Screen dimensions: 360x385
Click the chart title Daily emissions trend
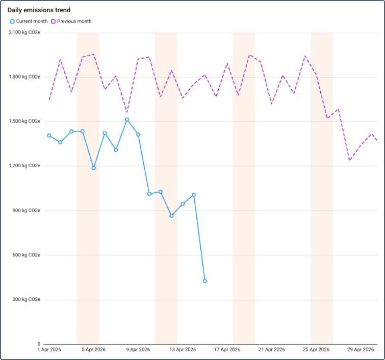(x=39, y=10)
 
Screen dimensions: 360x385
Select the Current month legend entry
(x=29, y=21)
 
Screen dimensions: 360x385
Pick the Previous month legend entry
(x=71, y=21)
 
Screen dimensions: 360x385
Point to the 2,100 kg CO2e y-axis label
(x=24, y=33)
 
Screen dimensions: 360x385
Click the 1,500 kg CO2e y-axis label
(x=24, y=121)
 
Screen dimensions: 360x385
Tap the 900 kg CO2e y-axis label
(x=26, y=211)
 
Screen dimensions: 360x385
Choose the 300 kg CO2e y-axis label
(x=26, y=299)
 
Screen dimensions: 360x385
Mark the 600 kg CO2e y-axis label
(x=26, y=255)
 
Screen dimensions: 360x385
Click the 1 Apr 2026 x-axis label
(x=49, y=350)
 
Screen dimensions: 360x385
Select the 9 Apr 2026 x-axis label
(x=138, y=350)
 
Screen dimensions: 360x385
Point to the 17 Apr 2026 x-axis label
(x=227, y=350)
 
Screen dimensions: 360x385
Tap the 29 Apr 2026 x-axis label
(x=361, y=350)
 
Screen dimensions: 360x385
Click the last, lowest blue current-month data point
(x=205, y=281)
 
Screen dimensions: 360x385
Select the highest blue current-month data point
(x=127, y=120)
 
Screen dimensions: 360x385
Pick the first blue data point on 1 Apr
(x=49, y=136)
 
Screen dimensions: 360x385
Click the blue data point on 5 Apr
(x=94, y=168)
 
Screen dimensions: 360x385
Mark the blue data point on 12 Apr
(x=171, y=216)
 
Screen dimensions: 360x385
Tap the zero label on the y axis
(x=38, y=344)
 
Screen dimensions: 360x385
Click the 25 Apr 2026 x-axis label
(x=316, y=350)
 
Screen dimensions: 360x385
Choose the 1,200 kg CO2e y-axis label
(x=24, y=166)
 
